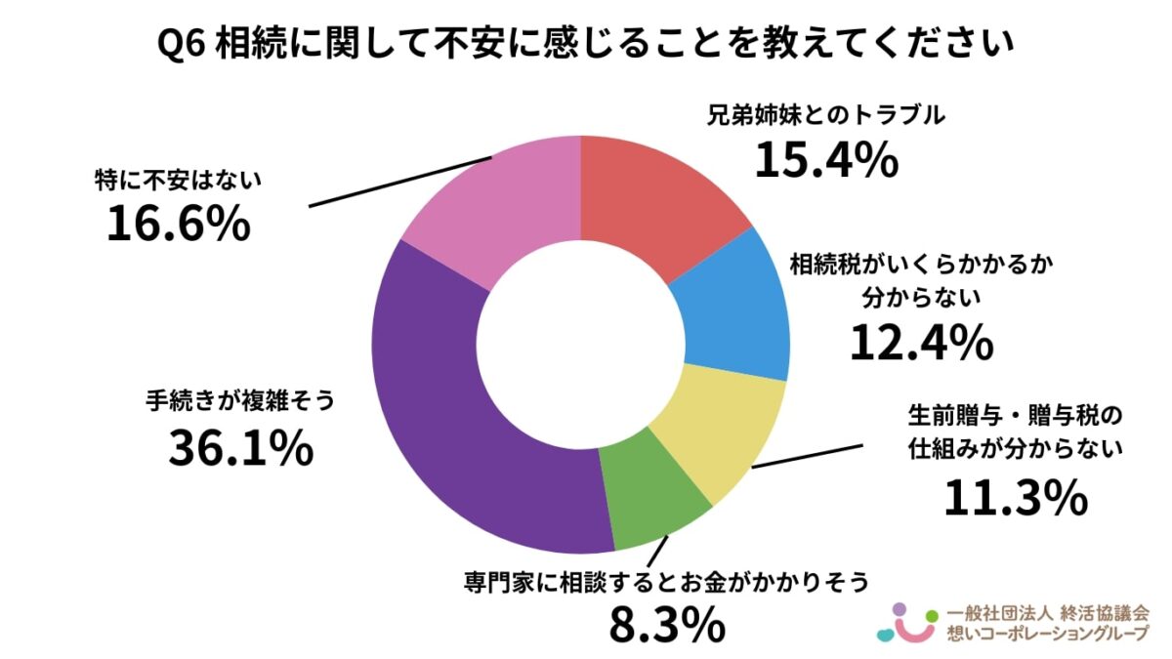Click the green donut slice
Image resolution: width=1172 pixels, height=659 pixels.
click(x=649, y=493)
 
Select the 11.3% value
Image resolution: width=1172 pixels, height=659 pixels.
click(x=1016, y=499)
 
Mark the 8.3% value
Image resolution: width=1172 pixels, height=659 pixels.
click(x=667, y=625)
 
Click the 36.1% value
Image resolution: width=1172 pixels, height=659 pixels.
click(x=240, y=448)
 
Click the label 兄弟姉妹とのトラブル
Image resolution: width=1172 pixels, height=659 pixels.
click(x=826, y=115)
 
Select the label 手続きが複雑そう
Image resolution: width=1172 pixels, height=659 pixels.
click(x=240, y=401)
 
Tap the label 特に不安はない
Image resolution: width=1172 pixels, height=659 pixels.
click(x=180, y=181)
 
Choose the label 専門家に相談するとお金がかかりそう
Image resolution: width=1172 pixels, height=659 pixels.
click(x=666, y=583)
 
